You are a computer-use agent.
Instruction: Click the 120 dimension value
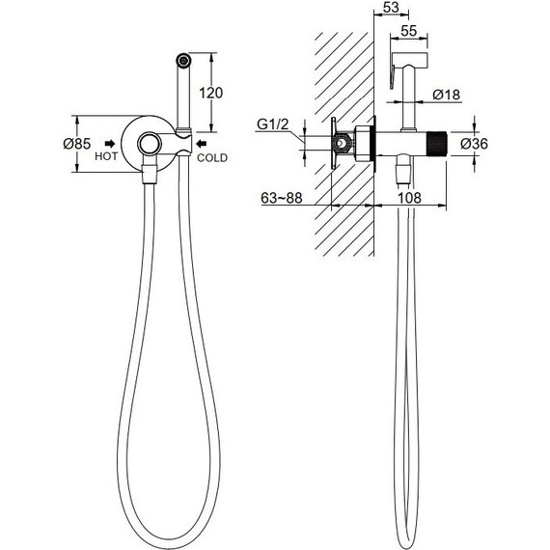coord(210,93)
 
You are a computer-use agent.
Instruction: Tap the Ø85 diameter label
coord(77,144)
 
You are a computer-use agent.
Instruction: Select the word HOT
coord(106,156)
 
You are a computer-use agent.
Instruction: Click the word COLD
coord(212,158)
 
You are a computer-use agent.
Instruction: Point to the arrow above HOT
coord(110,144)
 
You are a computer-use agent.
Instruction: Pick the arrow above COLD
coord(202,144)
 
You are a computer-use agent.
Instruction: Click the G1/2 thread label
coord(272,124)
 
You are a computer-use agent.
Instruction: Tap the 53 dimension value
coord(391,7)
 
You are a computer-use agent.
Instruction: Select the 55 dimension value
coord(409,31)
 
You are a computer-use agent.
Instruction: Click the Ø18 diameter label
coord(446,95)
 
